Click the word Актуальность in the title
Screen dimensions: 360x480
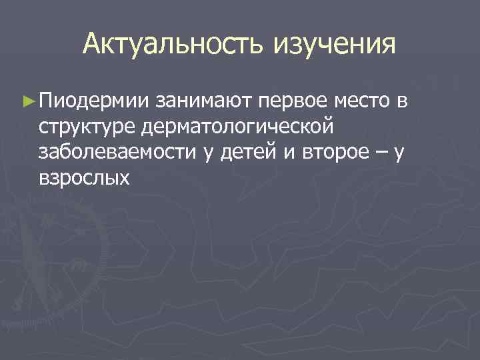tap(175, 45)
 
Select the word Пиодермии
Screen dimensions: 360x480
tap(94, 102)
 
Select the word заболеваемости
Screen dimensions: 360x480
tap(117, 153)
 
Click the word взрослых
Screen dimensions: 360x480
tap(83, 178)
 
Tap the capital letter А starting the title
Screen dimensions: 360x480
tap(93, 45)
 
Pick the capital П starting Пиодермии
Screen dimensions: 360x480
tap(47, 102)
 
